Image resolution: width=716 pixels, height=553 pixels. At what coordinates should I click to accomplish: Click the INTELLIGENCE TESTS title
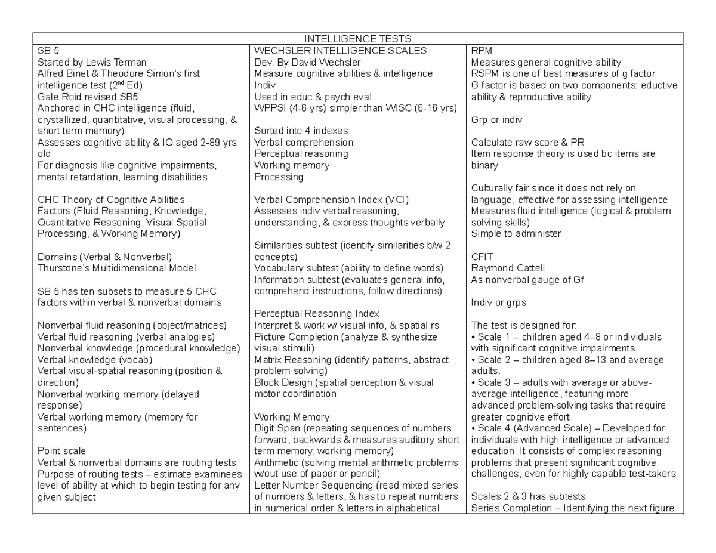click(x=358, y=39)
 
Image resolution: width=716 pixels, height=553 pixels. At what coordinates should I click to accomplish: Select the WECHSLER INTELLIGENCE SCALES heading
click(x=340, y=51)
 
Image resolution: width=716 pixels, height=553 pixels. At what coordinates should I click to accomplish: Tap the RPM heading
click(x=481, y=51)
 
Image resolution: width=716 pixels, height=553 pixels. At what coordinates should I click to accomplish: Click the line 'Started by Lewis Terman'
click(x=91, y=62)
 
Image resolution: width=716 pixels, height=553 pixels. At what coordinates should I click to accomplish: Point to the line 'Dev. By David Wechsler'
click(x=307, y=62)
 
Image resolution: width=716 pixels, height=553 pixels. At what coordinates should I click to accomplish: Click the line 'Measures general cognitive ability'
click(x=546, y=62)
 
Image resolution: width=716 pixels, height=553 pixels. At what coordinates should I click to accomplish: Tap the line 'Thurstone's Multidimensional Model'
click(x=116, y=268)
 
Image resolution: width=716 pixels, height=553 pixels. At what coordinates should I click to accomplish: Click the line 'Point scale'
click(x=61, y=451)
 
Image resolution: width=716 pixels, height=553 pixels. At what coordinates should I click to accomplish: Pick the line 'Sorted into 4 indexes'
click(x=301, y=131)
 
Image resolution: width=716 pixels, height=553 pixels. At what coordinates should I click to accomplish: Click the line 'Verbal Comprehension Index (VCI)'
click(x=331, y=199)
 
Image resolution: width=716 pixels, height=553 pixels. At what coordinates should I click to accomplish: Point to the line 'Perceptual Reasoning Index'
click(x=316, y=314)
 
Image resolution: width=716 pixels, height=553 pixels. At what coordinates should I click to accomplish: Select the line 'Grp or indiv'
click(x=496, y=119)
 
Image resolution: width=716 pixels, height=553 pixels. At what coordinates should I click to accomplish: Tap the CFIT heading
click(x=482, y=257)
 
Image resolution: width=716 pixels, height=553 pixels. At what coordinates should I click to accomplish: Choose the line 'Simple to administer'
click(x=516, y=234)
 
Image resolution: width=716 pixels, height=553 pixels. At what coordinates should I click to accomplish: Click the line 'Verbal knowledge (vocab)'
click(x=94, y=360)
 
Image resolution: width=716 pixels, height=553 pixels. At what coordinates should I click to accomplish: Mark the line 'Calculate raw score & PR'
click(x=527, y=142)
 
